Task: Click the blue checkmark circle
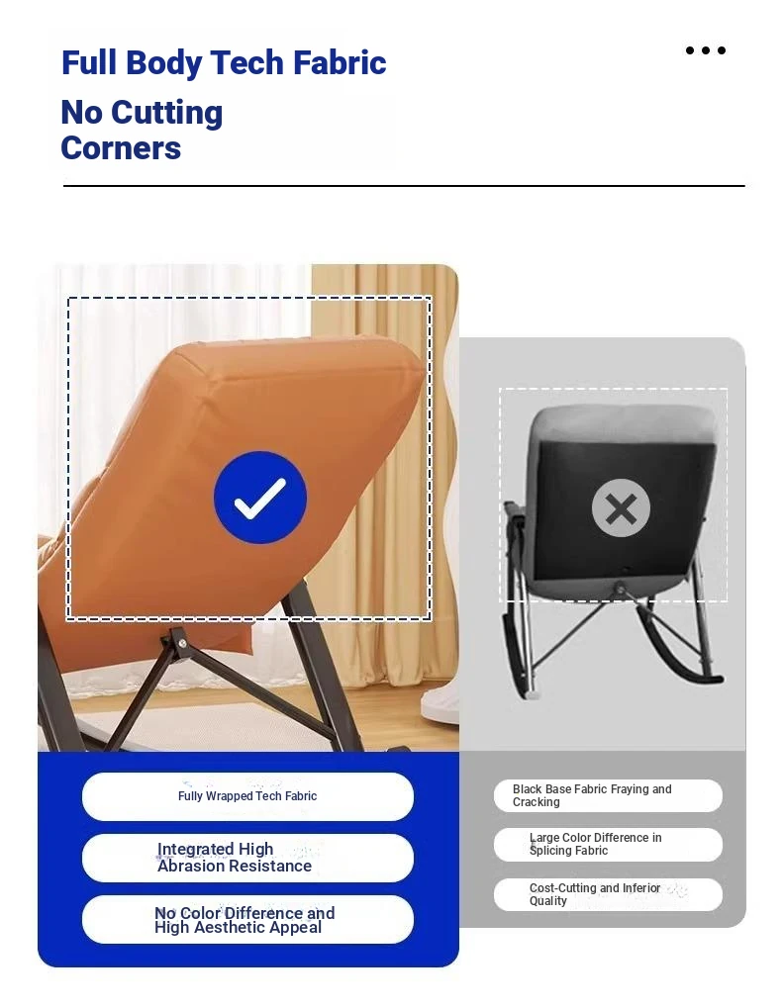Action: [259, 498]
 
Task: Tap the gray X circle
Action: [621, 507]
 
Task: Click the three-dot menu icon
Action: [706, 50]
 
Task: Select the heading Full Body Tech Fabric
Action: [224, 63]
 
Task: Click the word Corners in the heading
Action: [121, 147]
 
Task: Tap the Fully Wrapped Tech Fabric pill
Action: [247, 796]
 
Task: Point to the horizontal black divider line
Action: [404, 186]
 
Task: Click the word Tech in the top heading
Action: [246, 62]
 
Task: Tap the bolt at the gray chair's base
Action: [620, 587]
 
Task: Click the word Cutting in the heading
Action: [166, 113]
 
